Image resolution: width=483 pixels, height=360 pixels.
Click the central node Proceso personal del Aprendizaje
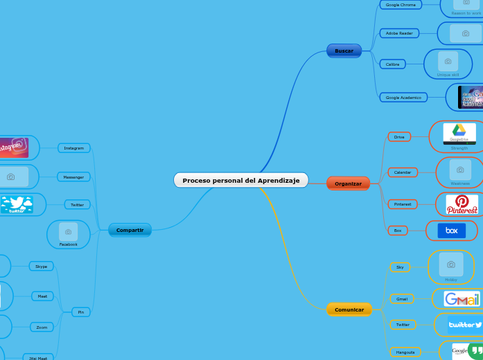240,181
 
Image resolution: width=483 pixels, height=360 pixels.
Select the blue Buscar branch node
344,51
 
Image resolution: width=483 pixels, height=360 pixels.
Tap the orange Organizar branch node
348,183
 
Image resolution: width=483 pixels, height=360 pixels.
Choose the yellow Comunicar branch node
349,309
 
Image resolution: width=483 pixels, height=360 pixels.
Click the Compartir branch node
130,230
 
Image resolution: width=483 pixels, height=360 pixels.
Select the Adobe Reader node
399,33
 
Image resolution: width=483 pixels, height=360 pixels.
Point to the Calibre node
392,64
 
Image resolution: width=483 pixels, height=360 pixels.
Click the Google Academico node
403,98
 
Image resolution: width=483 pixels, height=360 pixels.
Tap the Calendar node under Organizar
402,172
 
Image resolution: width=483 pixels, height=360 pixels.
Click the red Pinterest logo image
462,204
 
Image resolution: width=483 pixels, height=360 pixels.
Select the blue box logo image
452,231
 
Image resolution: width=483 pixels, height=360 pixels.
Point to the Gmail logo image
462,299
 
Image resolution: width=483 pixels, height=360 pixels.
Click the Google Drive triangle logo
459,130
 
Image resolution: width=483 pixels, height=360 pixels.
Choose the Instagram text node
73,148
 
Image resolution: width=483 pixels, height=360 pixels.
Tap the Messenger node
73,177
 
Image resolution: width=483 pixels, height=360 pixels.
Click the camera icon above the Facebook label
68,232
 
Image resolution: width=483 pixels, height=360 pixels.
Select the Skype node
41,267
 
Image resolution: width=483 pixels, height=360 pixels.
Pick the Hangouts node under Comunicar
405,352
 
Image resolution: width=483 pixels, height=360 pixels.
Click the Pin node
80,313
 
